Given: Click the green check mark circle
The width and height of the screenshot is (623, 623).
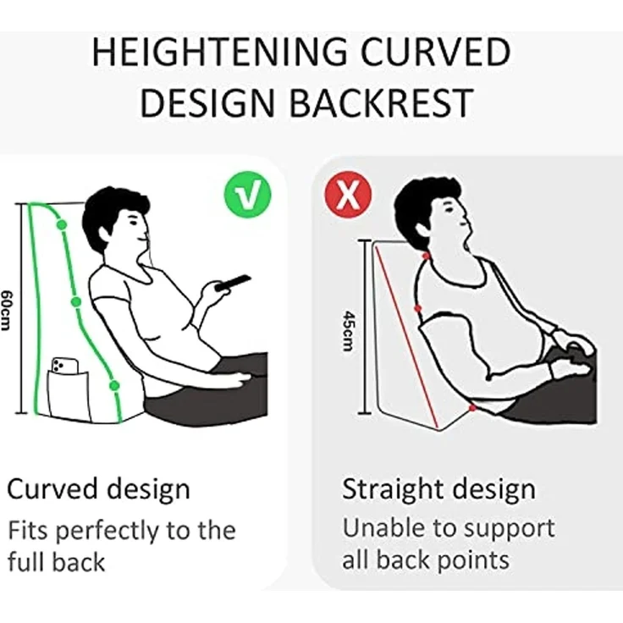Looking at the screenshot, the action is pyautogui.click(x=247, y=195).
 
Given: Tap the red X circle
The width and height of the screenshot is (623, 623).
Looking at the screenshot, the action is pyautogui.click(x=349, y=195).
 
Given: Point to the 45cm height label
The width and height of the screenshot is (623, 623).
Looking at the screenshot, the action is pyautogui.click(x=348, y=331).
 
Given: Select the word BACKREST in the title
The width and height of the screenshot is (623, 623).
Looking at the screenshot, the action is pyautogui.click(x=382, y=103).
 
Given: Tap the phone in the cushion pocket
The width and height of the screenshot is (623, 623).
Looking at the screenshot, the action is pyautogui.click(x=65, y=366).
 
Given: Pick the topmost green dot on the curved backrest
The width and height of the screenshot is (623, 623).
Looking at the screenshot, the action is pyautogui.click(x=62, y=224).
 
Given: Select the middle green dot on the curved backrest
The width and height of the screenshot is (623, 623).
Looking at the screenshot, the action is pyautogui.click(x=76, y=302).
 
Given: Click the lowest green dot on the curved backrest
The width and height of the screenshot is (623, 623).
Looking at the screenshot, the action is pyautogui.click(x=114, y=385).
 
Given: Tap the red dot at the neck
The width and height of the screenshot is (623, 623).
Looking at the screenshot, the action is pyautogui.click(x=426, y=256).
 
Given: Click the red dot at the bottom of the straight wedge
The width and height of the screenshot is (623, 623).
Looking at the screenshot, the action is pyautogui.click(x=472, y=408).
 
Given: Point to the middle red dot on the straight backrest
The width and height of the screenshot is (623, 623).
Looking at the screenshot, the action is pyautogui.click(x=417, y=308).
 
